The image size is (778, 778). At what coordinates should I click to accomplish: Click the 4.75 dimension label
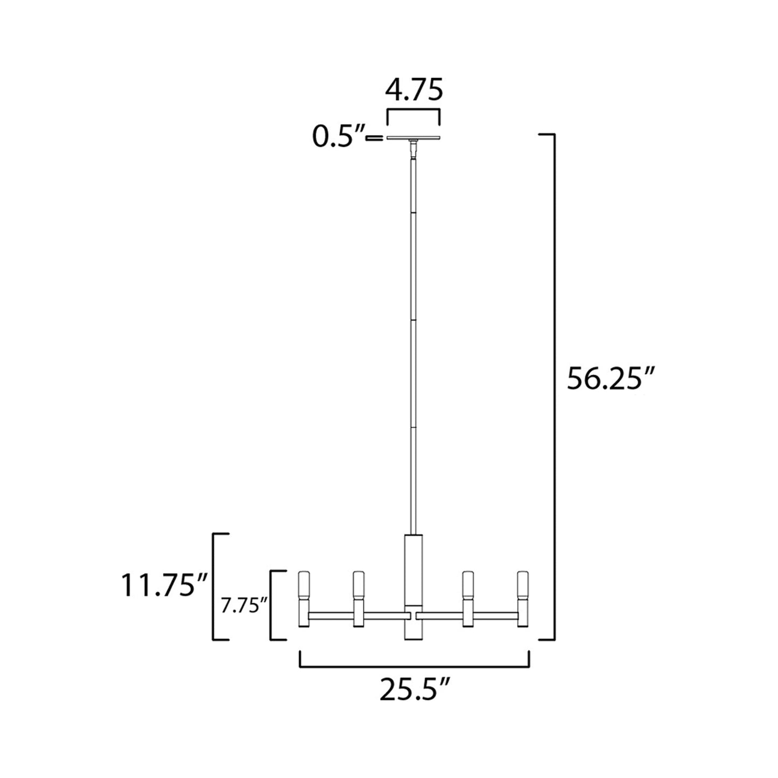pos(413,90)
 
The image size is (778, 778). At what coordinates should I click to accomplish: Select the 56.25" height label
pos(611,379)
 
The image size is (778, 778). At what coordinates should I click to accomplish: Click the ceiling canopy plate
pos(413,138)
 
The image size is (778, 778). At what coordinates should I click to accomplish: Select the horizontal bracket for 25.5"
pos(414,665)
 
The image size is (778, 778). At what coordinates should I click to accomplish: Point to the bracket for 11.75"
pos(215,586)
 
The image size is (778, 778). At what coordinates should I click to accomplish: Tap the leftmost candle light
pos(305,598)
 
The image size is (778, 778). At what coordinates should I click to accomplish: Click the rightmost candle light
pos(522,598)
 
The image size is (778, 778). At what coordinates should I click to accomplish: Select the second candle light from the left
pos(359,598)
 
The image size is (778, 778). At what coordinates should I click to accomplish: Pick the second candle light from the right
pos(468,598)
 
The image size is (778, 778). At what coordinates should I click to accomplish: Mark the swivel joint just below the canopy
pos(413,146)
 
